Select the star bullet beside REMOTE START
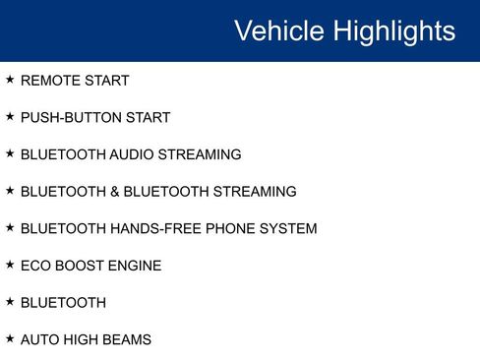10,79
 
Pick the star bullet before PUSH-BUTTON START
10,116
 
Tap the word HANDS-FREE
150,229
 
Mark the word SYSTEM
286,229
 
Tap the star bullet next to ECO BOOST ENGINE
10,265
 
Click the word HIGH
86,340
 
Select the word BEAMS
130,340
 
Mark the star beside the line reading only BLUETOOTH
10,301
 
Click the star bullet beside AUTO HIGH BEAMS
10,338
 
